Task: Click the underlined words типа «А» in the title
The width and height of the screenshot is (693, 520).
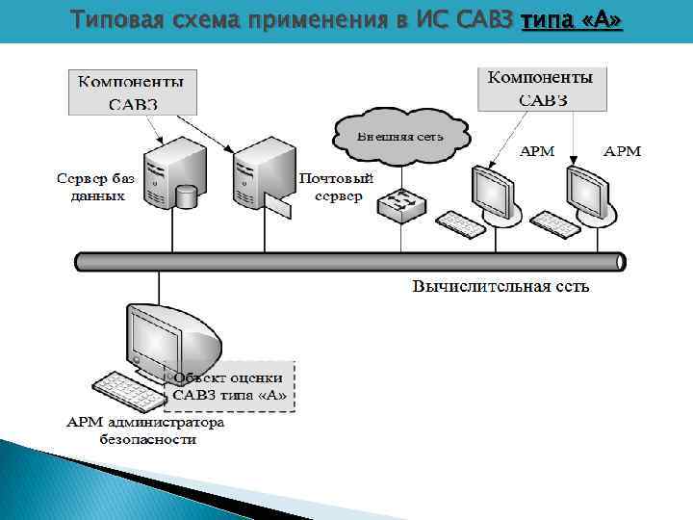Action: (571, 21)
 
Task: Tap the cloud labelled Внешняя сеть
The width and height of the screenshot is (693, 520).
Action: (400, 135)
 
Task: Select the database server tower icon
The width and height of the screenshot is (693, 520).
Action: (167, 174)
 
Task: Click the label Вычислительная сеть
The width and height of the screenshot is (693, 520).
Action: (500, 286)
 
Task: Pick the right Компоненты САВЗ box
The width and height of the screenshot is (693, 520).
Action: (541, 88)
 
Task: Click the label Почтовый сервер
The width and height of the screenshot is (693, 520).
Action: (337, 187)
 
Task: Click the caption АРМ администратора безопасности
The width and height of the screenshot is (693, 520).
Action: (145, 430)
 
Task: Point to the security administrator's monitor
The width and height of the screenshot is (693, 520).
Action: (158, 337)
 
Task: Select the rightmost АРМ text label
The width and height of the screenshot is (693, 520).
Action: (622, 151)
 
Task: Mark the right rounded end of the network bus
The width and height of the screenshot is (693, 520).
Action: (620, 261)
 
